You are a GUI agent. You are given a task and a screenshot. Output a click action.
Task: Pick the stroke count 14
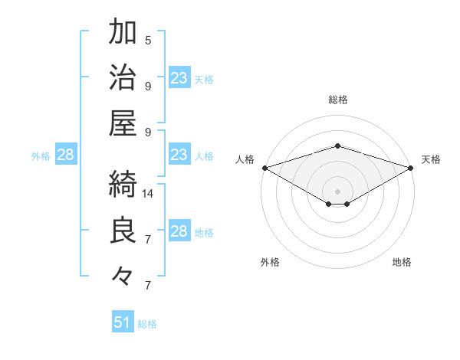[149, 194]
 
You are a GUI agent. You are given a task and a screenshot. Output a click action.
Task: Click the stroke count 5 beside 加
[148, 40]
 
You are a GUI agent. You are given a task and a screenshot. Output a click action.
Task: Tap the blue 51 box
[123, 322]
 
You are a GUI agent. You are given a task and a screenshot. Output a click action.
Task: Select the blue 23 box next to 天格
[179, 78]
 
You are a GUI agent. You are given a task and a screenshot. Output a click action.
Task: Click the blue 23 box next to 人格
[179, 155]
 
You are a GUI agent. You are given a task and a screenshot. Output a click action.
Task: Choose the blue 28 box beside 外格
[65, 155]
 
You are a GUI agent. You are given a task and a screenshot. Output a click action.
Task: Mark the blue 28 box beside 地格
[179, 232]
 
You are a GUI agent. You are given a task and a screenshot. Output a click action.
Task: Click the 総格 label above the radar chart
[337, 100]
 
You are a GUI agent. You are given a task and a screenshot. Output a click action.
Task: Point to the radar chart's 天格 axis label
[431, 159]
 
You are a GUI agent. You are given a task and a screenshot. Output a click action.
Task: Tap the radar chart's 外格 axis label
[270, 262]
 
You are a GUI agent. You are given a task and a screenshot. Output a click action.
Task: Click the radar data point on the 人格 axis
[264, 168]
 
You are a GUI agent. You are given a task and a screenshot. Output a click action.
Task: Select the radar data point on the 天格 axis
[411, 168]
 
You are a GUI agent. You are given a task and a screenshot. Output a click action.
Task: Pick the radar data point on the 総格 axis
[337, 146]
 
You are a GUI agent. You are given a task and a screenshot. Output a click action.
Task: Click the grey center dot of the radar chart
[337, 190]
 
